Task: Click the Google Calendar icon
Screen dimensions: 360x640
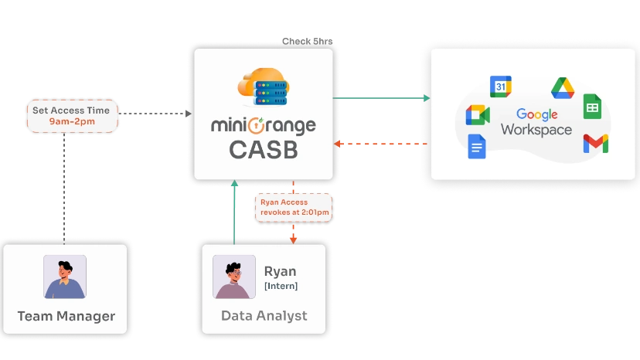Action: pos(500,87)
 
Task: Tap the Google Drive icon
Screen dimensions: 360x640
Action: pos(562,88)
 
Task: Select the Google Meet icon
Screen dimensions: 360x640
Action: pos(478,115)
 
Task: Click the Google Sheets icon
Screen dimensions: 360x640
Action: pos(593,107)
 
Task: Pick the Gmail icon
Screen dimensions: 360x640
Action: pos(595,143)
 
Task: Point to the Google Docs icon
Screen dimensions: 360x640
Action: pos(477,146)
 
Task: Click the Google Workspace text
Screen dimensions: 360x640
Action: pos(536,122)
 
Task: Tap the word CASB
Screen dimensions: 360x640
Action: pos(263,150)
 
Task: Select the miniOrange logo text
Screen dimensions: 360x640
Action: pos(263,125)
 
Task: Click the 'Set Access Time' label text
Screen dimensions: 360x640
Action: pos(71,110)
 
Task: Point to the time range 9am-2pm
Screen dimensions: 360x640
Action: pos(71,122)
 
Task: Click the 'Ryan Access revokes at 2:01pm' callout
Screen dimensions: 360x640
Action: pos(294,207)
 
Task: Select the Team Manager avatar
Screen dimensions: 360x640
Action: pos(65,277)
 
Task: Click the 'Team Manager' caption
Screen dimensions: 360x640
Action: pos(66,316)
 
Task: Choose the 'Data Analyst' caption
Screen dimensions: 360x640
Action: pos(264,316)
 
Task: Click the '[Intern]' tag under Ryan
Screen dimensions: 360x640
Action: pos(281,286)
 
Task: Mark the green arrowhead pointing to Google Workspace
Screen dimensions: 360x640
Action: pos(426,98)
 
